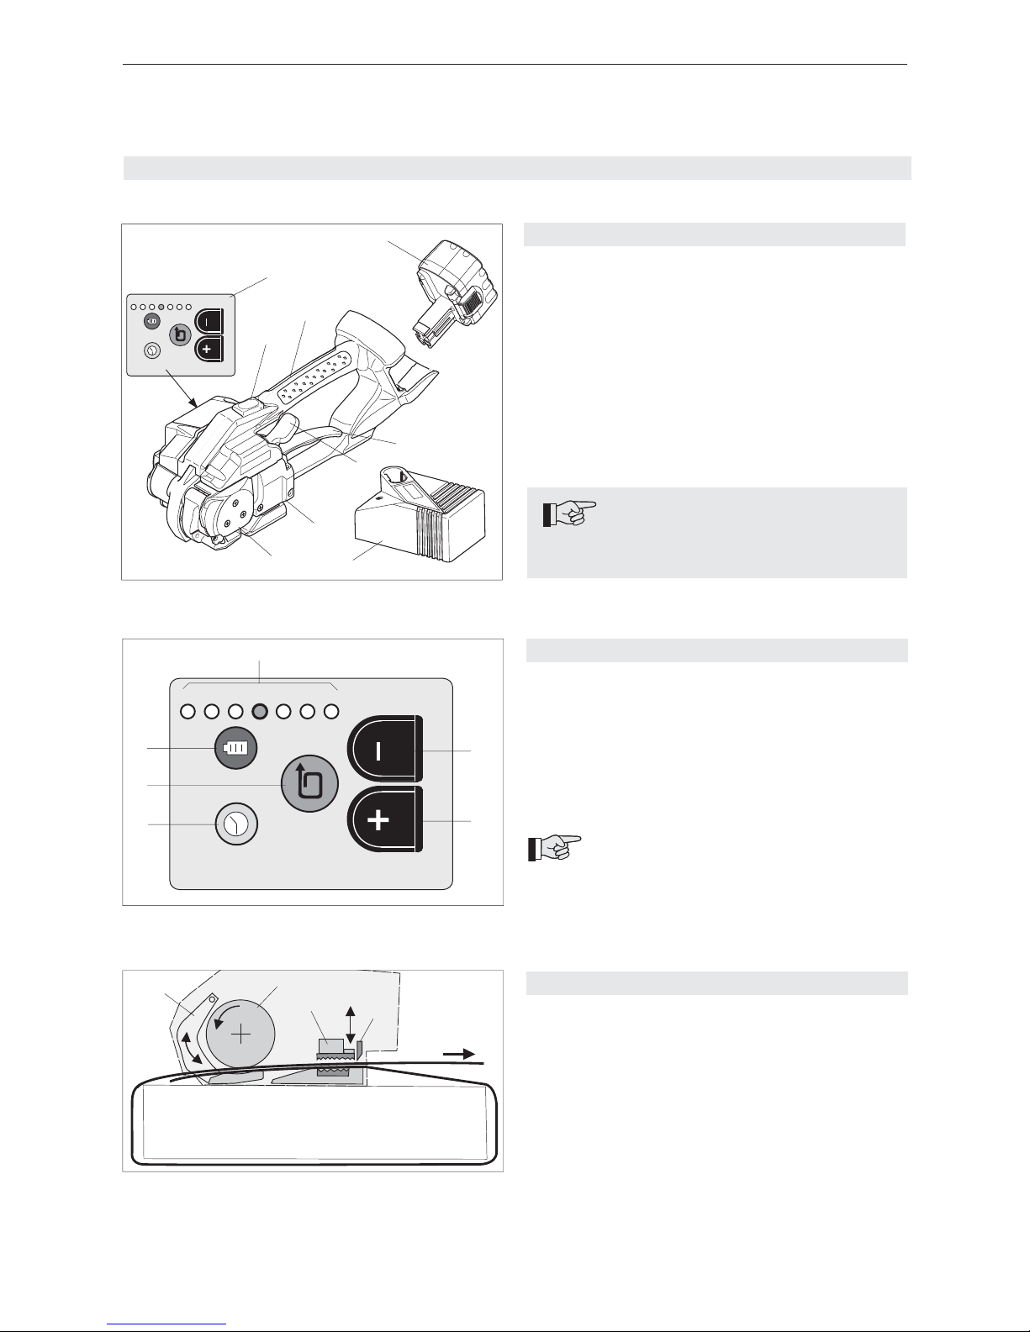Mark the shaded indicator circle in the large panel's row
pos(260,712)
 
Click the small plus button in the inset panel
pos(208,349)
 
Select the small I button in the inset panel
pos(208,321)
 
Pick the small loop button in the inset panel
pos(179,335)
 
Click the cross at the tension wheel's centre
pos(241,1034)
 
